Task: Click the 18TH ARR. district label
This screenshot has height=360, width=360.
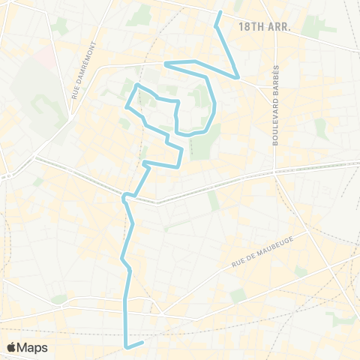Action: click(x=263, y=26)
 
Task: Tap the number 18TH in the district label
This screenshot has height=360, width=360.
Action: click(x=250, y=26)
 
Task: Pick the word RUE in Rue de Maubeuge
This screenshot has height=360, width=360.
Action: click(x=239, y=260)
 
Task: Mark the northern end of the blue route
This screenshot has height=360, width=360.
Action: click(x=220, y=13)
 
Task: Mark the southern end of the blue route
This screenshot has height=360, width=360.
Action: click(x=142, y=343)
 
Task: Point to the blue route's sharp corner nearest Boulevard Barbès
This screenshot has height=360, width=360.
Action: click(x=238, y=77)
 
